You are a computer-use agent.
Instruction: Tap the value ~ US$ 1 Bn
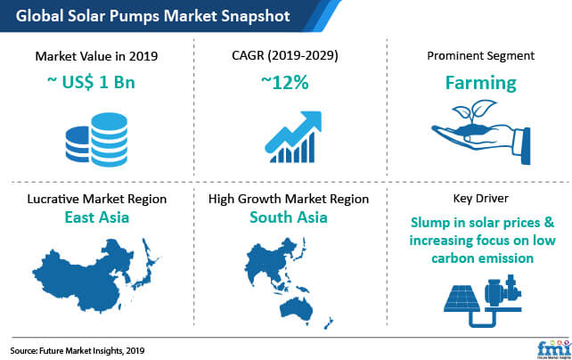[91, 82]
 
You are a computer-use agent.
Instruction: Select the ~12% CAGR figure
[285, 83]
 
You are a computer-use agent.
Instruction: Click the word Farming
[481, 83]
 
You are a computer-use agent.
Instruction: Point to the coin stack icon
[97, 139]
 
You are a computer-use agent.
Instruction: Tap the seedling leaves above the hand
[474, 110]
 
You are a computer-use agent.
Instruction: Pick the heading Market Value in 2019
[97, 56]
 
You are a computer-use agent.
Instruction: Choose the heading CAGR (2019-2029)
[285, 55]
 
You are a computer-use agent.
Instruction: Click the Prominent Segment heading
[481, 56]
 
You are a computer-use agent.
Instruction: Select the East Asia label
[97, 217]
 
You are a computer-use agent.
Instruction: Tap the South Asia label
[289, 217]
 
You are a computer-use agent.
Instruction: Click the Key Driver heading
[481, 199]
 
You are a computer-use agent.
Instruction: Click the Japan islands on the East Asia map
[146, 265]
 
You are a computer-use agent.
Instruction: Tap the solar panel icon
[462, 299]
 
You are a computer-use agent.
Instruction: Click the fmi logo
[553, 348]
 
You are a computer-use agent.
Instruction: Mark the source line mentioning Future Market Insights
[78, 351]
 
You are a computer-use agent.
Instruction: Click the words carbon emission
[482, 258]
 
